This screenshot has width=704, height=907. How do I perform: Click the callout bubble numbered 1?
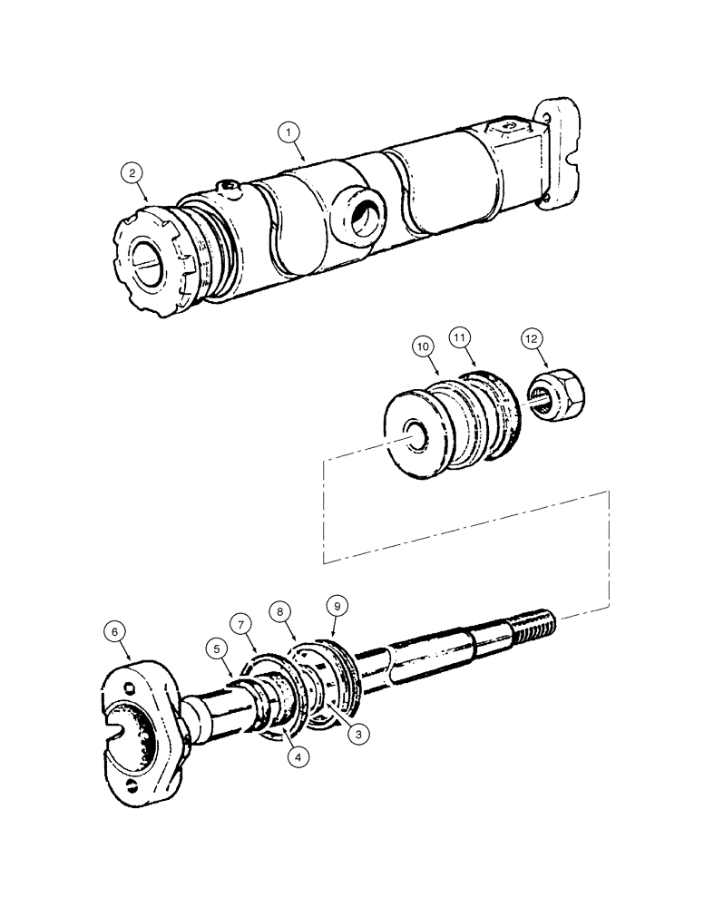point(288,133)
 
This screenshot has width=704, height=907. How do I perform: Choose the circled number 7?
point(241,625)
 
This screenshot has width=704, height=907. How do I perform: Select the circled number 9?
point(335,602)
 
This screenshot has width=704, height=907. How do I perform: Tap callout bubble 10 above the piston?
point(422,346)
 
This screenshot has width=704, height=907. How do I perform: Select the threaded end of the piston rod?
point(532,625)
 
